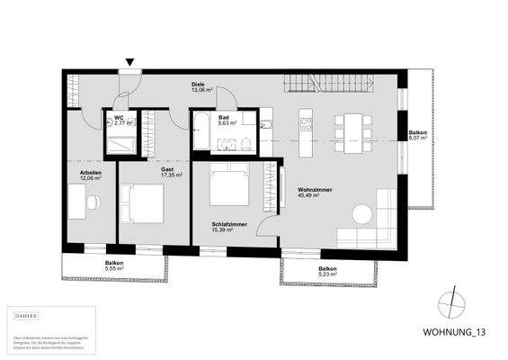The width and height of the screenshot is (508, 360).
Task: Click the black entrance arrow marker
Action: pyautogui.click(x=130, y=62)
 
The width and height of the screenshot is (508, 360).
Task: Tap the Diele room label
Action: pyautogui.click(x=198, y=84)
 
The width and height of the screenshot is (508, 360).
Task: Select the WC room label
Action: pyautogui.click(x=117, y=116)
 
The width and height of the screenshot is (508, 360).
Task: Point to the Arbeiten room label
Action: pyautogui.click(x=90, y=172)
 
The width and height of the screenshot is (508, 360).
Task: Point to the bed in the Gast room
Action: pyautogui.click(x=143, y=203)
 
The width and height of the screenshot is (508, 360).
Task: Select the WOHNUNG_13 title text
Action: pyautogui.click(x=456, y=331)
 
